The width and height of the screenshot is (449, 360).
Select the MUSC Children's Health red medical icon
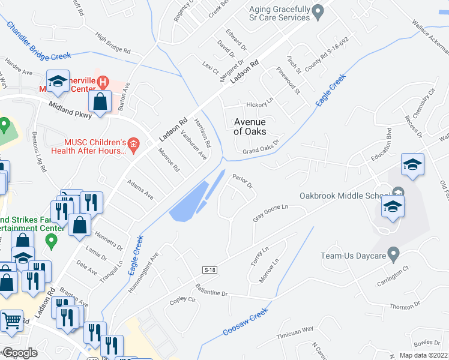[133, 144]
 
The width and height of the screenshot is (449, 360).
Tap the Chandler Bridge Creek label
[38, 41]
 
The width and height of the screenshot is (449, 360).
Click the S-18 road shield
[209, 270]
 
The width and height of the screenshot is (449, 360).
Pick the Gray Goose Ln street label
[271, 213]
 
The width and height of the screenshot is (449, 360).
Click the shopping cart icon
[13, 323]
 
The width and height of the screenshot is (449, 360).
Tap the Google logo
[20, 352]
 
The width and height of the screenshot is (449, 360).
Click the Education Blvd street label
[381, 148]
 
